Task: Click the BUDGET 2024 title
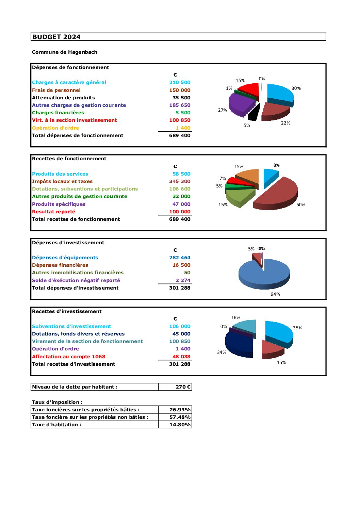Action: [x=56, y=37]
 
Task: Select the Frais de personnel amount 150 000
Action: [x=180, y=90]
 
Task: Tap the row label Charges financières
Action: [x=58, y=113]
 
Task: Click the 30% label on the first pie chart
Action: [x=296, y=88]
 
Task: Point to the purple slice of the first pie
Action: [x=240, y=103]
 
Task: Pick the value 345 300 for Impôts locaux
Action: [x=180, y=181]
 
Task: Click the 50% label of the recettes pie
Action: [x=300, y=204]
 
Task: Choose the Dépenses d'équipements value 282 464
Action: [x=180, y=258]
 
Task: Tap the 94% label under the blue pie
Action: [x=275, y=294]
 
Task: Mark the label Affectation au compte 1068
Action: [x=69, y=357]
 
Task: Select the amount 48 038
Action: [x=181, y=357]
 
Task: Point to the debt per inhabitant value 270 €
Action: [x=183, y=387]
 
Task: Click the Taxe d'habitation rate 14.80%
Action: [x=180, y=425]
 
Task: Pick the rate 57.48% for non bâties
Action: [x=180, y=417]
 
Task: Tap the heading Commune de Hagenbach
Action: [x=65, y=52]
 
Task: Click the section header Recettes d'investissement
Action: [x=67, y=311]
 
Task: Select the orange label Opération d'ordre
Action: [x=55, y=128]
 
